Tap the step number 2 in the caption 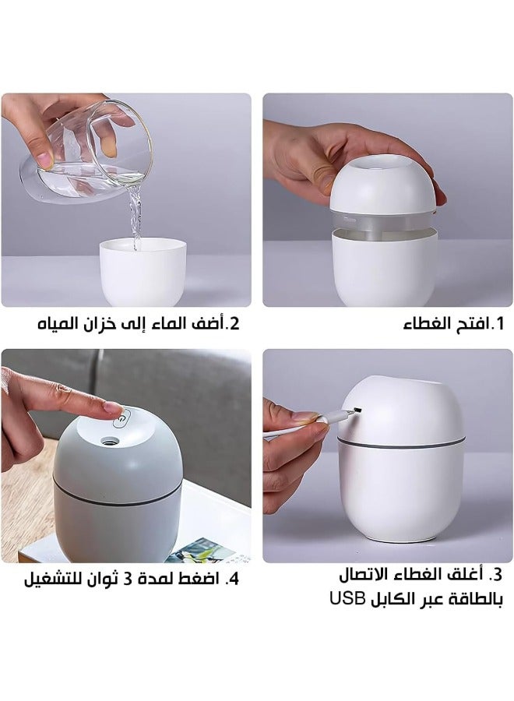(x=231, y=323)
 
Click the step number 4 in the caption (x=233, y=579)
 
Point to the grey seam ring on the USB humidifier (x=400, y=446)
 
